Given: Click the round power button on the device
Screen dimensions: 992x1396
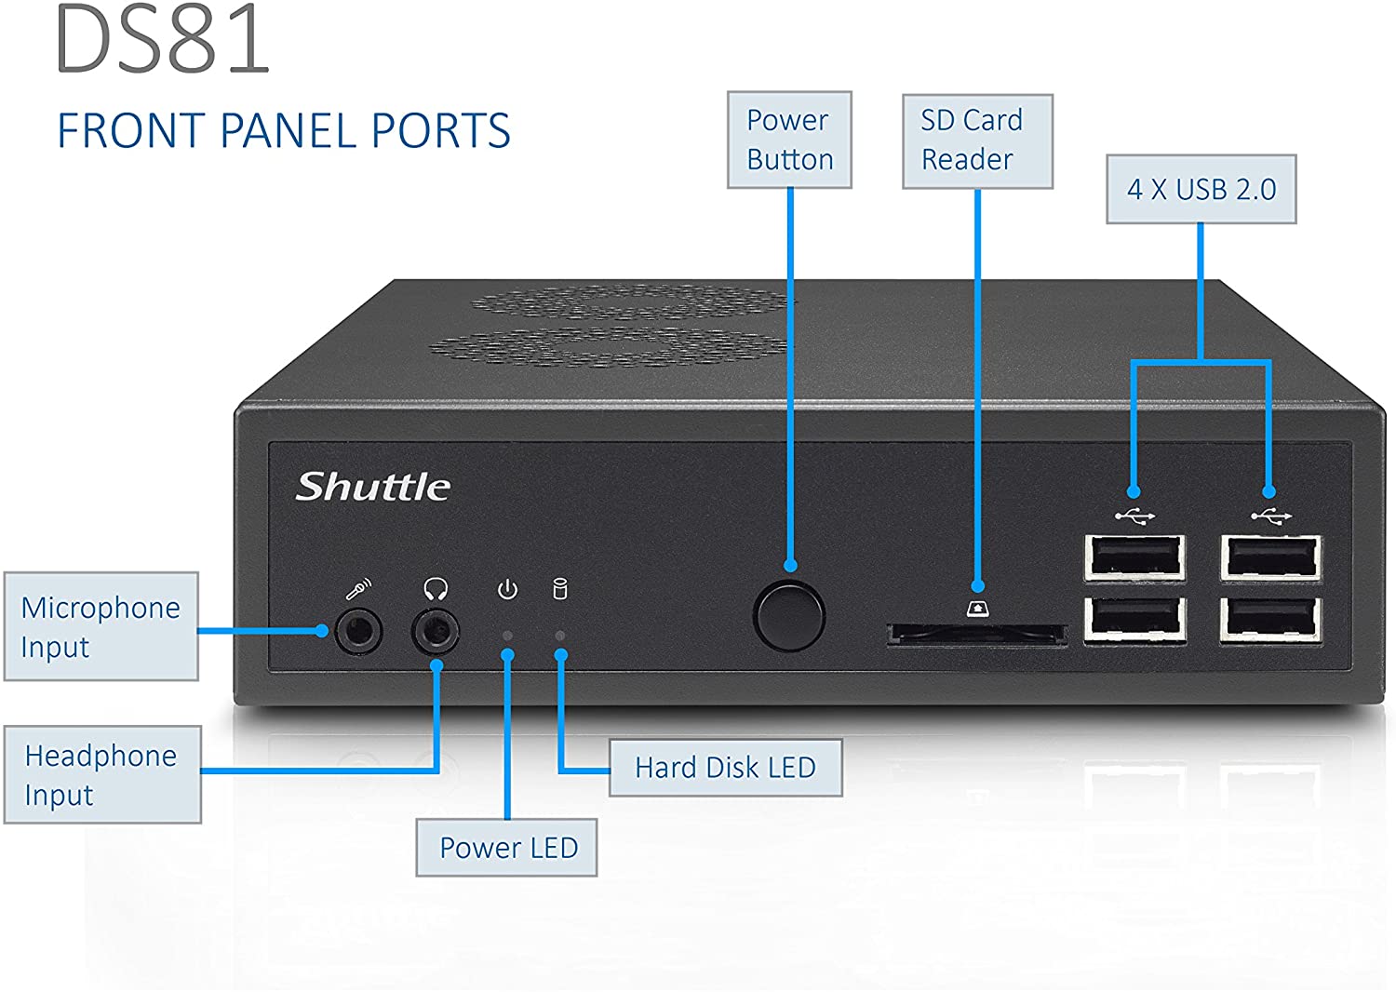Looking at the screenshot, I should [788, 615].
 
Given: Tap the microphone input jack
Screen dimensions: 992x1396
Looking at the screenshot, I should [358, 632].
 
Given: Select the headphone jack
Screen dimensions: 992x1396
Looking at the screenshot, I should [435, 632].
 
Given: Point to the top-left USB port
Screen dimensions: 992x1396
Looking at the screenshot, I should [1134, 558].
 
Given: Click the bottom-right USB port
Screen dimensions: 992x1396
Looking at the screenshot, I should [1270, 620].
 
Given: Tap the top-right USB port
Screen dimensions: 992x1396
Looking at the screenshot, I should [1271, 558].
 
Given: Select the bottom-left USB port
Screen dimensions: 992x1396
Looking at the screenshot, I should [1134, 620].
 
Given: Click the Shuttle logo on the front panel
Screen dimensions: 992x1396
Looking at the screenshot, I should [373, 487].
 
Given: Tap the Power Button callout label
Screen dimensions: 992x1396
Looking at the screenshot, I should [789, 140].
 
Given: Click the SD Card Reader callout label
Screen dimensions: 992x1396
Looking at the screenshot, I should [976, 141].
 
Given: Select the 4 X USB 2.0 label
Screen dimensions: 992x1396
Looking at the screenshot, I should [1201, 189].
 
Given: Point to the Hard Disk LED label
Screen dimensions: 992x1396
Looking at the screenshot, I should [725, 768].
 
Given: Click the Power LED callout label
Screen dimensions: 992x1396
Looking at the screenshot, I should [506, 848].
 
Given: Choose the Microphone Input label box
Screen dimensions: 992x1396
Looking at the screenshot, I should [101, 626].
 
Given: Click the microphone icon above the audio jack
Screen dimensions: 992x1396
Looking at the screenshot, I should [358, 589].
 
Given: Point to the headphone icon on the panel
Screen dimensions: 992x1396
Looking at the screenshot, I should [436, 589].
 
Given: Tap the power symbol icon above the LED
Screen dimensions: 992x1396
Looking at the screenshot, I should [507, 589].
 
